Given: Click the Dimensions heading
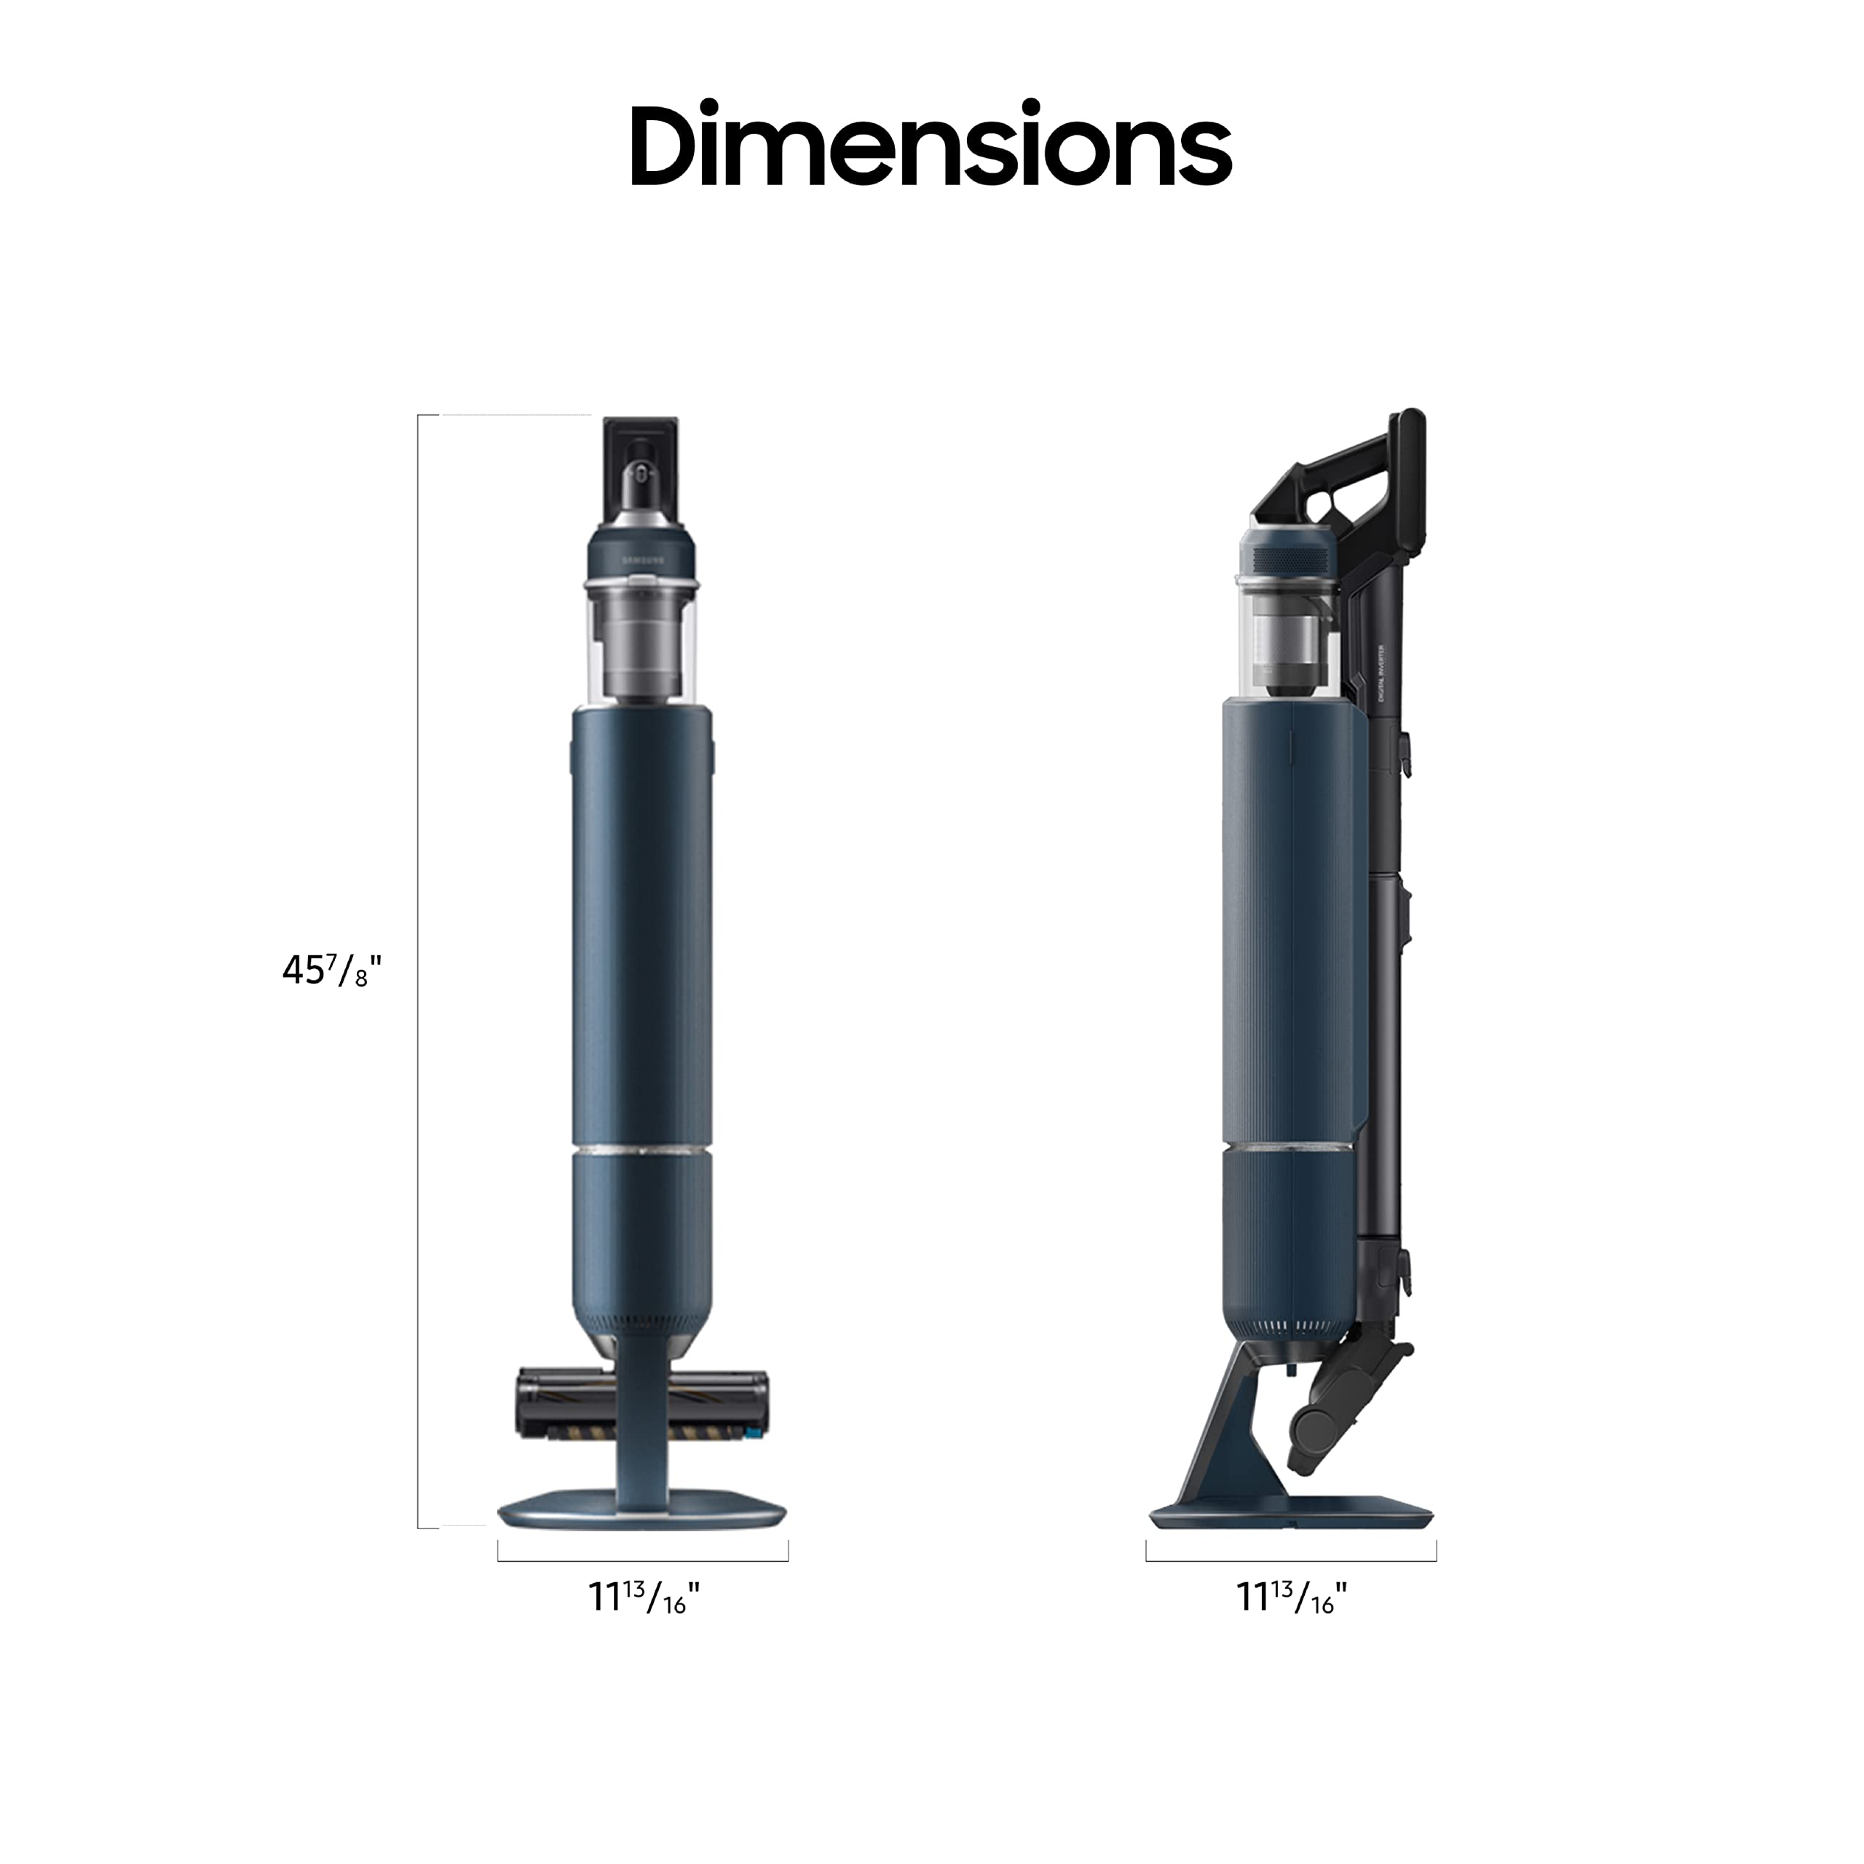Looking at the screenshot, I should (x=931, y=146).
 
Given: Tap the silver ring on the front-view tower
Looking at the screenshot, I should (x=642, y=1150).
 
